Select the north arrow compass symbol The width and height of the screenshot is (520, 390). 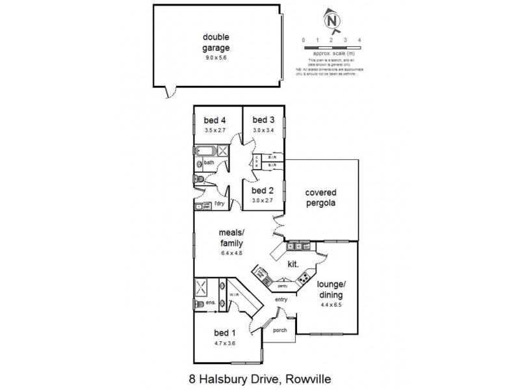coord(333,23)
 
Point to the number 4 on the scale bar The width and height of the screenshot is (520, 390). coord(359,40)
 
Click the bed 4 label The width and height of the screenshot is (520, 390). coord(214,120)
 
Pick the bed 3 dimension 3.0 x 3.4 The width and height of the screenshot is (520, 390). coord(263,130)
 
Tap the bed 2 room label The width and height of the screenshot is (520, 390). coord(262,190)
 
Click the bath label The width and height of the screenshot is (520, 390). coord(209,162)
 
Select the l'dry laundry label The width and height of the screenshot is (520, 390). coord(219,205)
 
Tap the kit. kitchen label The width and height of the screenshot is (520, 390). coord(293,264)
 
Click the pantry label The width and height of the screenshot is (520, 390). coord(282,286)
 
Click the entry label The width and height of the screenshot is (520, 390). coord(281,299)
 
